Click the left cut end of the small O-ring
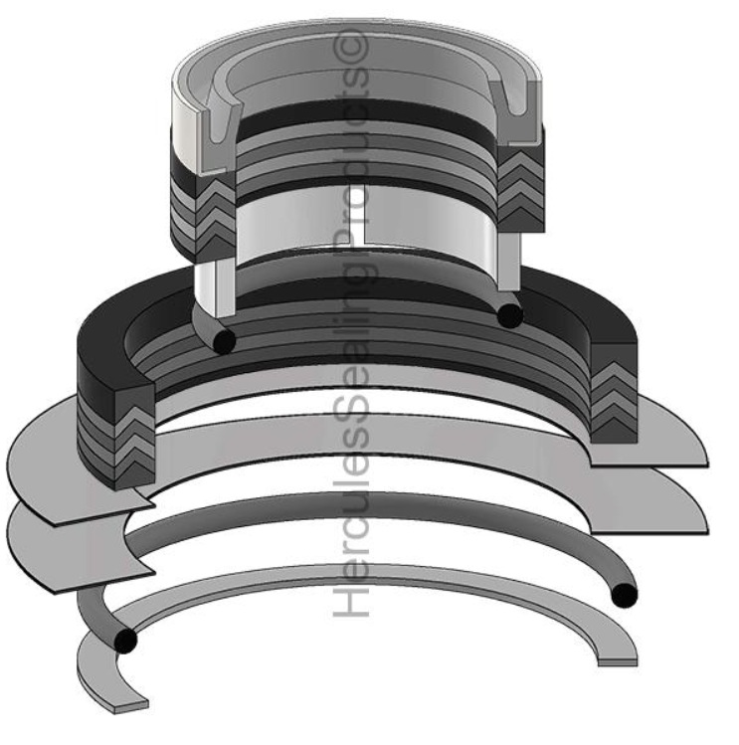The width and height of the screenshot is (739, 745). click(x=223, y=340)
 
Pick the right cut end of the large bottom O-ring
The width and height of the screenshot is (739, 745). click(x=624, y=596)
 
